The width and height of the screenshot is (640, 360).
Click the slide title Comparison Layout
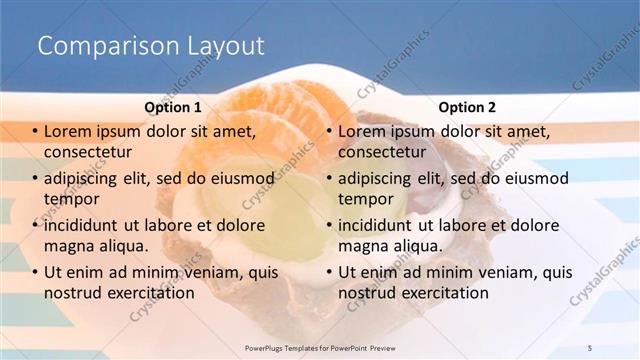pyautogui.click(x=150, y=46)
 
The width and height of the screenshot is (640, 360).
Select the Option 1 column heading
pyautogui.click(x=172, y=107)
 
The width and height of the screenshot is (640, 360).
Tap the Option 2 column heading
pyautogui.click(x=466, y=107)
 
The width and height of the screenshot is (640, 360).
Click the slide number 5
pyautogui.click(x=590, y=346)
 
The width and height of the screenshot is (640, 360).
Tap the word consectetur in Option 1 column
pyautogui.click(x=88, y=152)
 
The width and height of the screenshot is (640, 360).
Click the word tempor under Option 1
pyautogui.click(x=70, y=199)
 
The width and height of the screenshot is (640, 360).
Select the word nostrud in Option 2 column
pyautogui.click(x=368, y=292)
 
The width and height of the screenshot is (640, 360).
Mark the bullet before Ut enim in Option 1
pyautogui.click(x=34, y=272)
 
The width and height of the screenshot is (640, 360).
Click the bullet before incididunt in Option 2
pyautogui.click(x=328, y=226)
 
